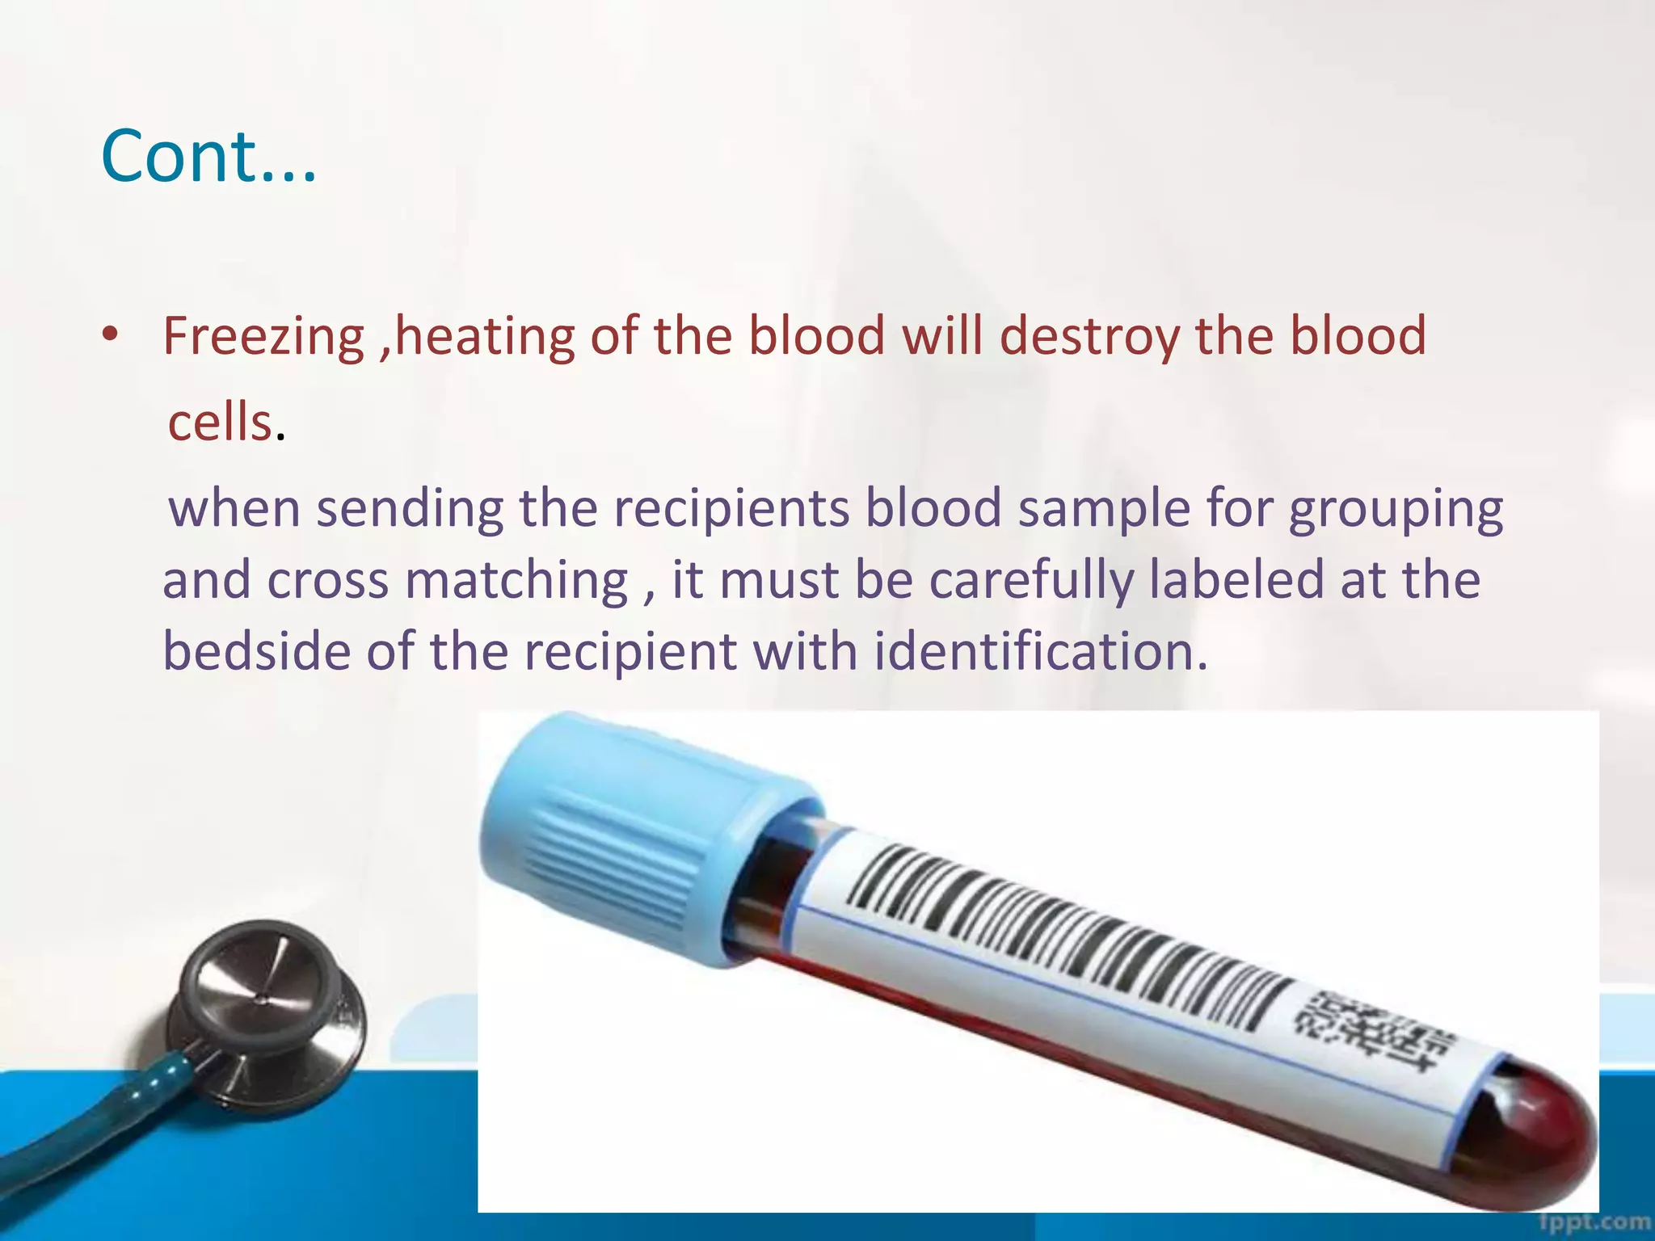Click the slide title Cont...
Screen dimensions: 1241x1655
click(208, 156)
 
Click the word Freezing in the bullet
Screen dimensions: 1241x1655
click(264, 336)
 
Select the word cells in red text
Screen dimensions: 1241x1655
click(219, 423)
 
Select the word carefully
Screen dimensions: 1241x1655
click(1031, 581)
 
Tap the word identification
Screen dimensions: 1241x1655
click(1040, 651)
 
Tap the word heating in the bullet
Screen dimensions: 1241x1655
click(483, 336)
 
